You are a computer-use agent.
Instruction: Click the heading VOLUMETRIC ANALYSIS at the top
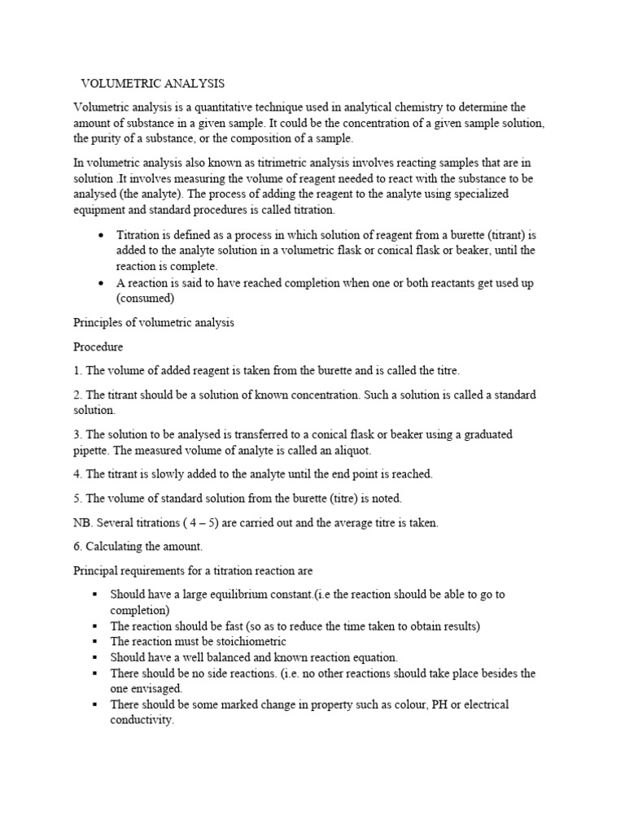click(152, 84)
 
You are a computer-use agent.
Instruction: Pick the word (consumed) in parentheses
click(146, 298)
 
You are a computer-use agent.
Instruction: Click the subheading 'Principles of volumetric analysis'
click(154, 322)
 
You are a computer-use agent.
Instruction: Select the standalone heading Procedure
click(98, 347)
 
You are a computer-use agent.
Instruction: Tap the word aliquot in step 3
click(352, 450)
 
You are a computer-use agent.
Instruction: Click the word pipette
click(94, 450)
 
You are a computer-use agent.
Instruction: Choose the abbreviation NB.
click(84, 523)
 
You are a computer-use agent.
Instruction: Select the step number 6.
click(77, 547)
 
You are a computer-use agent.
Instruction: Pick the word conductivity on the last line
click(142, 720)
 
